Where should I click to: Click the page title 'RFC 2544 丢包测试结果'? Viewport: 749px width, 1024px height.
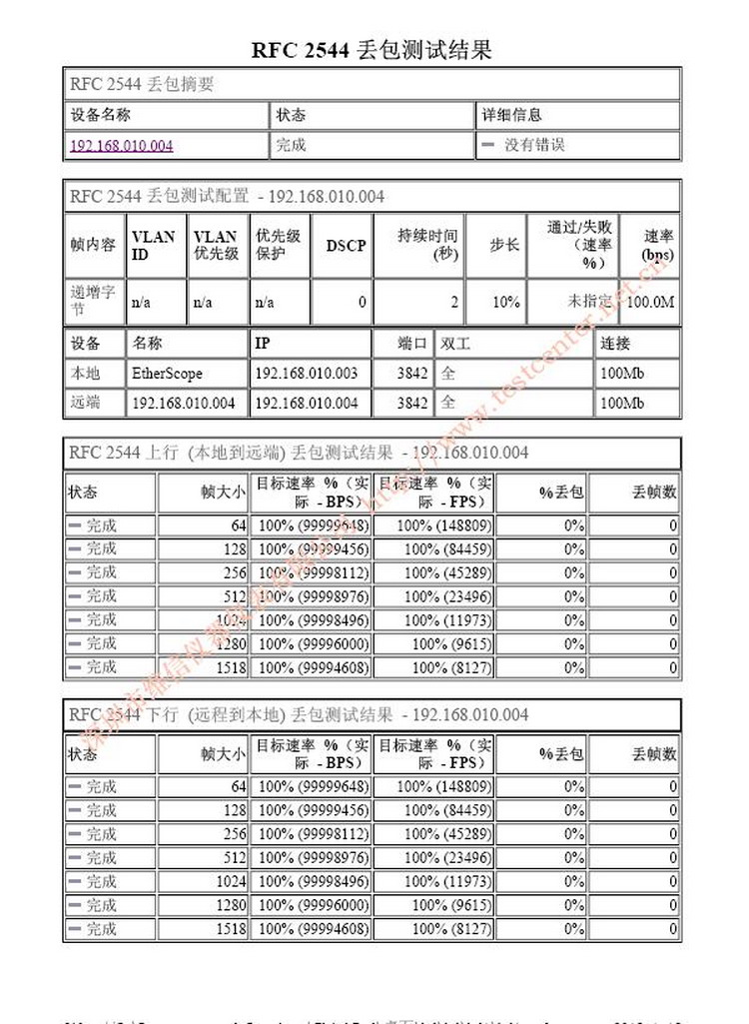pyautogui.click(x=372, y=50)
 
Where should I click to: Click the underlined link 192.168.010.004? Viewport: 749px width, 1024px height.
pyautogui.click(x=121, y=146)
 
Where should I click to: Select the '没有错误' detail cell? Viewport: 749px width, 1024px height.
pyautogui.click(x=534, y=145)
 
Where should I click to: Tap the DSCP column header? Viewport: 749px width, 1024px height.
pyautogui.click(x=346, y=245)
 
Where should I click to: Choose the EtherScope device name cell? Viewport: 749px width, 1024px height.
pyautogui.click(x=167, y=374)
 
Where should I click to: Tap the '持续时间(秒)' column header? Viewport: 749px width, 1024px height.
pyautogui.click(x=427, y=245)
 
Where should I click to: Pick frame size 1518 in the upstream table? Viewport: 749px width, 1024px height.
pyautogui.click(x=231, y=667)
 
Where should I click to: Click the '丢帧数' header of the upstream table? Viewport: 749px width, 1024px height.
pyautogui.click(x=654, y=492)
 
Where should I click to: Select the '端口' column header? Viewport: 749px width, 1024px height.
pyautogui.click(x=413, y=344)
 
